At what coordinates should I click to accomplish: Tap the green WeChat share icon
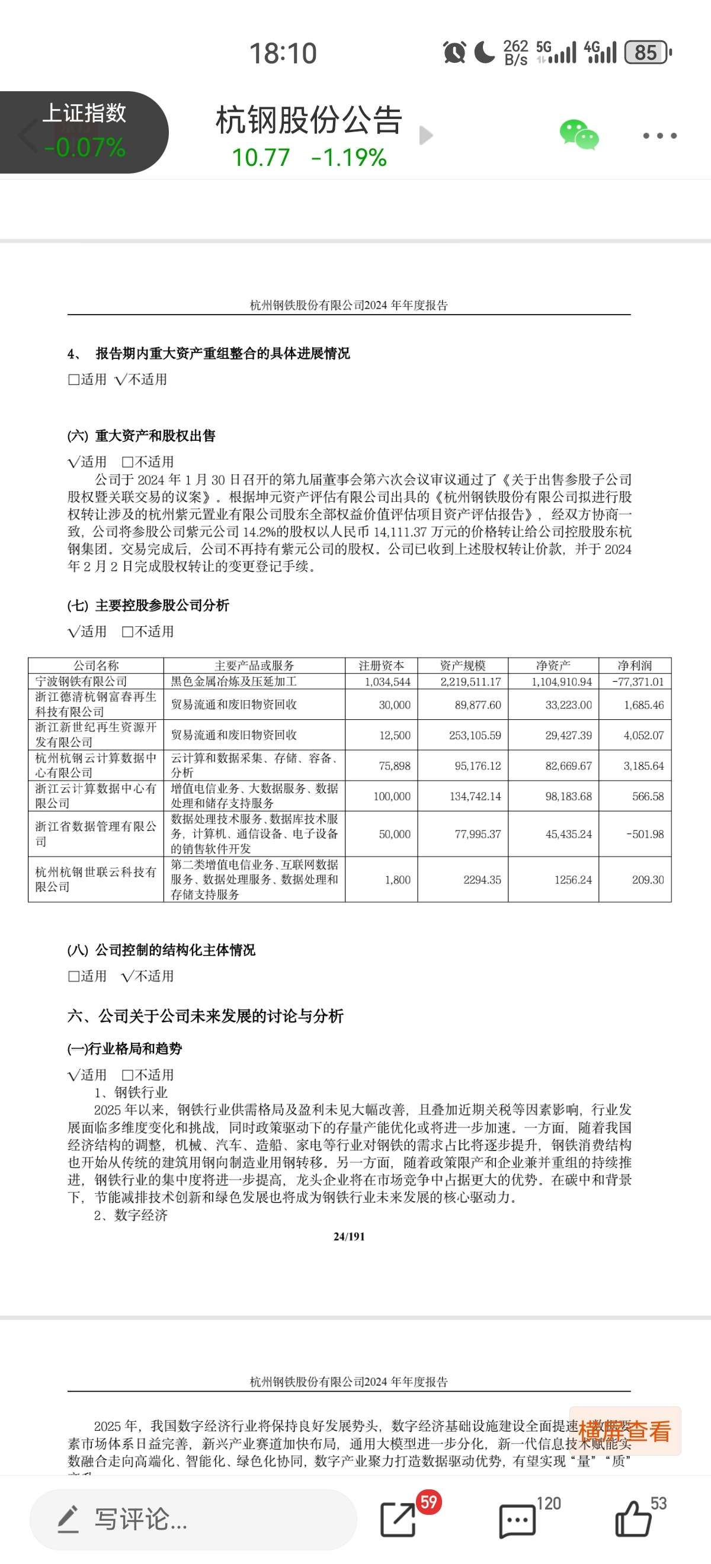(579, 135)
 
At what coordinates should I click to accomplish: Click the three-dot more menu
(660, 136)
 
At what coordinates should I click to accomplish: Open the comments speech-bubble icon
(517, 1521)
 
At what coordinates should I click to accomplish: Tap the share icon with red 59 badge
(398, 1520)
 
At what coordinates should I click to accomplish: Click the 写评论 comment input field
(193, 1519)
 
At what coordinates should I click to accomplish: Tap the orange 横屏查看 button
(624, 1431)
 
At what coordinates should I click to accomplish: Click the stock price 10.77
(261, 158)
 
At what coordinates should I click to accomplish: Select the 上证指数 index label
(84, 114)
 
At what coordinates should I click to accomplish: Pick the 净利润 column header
(635, 665)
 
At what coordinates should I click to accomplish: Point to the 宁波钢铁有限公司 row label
(81, 681)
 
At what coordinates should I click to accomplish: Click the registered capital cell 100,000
(392, 796)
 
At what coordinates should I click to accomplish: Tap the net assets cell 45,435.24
(568, 834)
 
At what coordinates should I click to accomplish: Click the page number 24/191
(349, 1236)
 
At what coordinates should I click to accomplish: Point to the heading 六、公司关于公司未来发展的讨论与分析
(205, 1016)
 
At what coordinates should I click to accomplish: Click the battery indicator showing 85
(647, 53)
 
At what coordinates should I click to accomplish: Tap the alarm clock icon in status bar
(454, 53)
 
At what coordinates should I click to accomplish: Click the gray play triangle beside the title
(426, 136)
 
